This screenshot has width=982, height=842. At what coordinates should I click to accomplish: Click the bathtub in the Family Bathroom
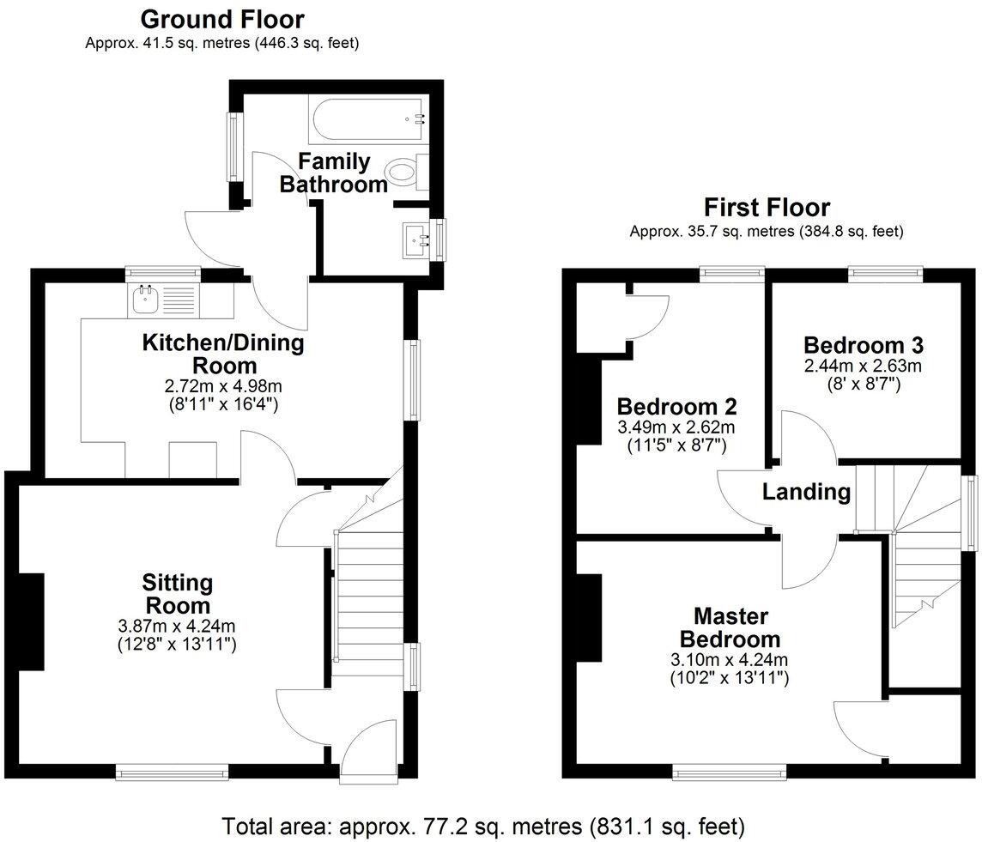pyautogui.click(x=367, y=118)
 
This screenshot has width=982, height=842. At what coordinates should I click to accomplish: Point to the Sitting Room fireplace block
pyautogui.click(x=31, y=620)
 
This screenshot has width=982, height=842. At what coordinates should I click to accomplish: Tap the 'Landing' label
pyautogui.click(x=806, y=492)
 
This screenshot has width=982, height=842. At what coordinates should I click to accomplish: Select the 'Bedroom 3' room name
pyautogui.click(x=863, y=345)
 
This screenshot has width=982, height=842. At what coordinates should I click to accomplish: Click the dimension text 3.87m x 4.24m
pyautogui.click(x=177, y=625)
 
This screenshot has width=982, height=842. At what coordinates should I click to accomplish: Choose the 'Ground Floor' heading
pyautogui.click(x=221, y=19)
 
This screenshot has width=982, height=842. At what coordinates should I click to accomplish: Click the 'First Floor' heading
pyautogui.click(x=767, y=208)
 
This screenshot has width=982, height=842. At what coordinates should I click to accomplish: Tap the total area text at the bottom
pyautogui.click(x=483, y=827)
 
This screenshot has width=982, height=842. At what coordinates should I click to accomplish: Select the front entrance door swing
pyautogui.click(x=367, y=747)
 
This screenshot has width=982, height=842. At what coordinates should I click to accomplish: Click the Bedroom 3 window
pyautogui.click(x=886, y=274)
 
